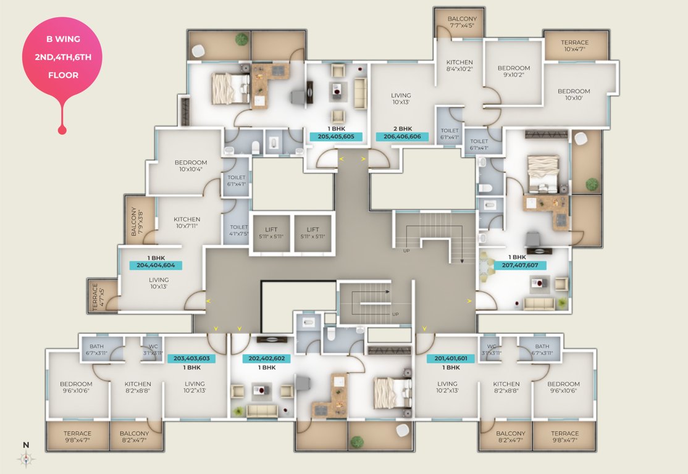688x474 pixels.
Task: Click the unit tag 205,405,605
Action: (x=336, y=137)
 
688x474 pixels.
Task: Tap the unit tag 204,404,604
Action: (x=156, y=265)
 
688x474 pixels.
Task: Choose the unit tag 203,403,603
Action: (x=191, y=359)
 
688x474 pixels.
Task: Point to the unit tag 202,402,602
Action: (x=267, y=359)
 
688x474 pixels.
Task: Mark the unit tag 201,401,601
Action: (x=451, y=359)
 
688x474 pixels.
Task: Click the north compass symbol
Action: (x=26, y=458)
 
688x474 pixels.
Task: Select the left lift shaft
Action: (x=271, y=233)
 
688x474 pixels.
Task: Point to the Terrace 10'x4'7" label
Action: (x=574, y=46)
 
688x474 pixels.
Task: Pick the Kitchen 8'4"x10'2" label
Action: (x=459, y=66)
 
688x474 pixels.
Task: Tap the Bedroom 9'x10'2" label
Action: (x=513, y=72)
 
